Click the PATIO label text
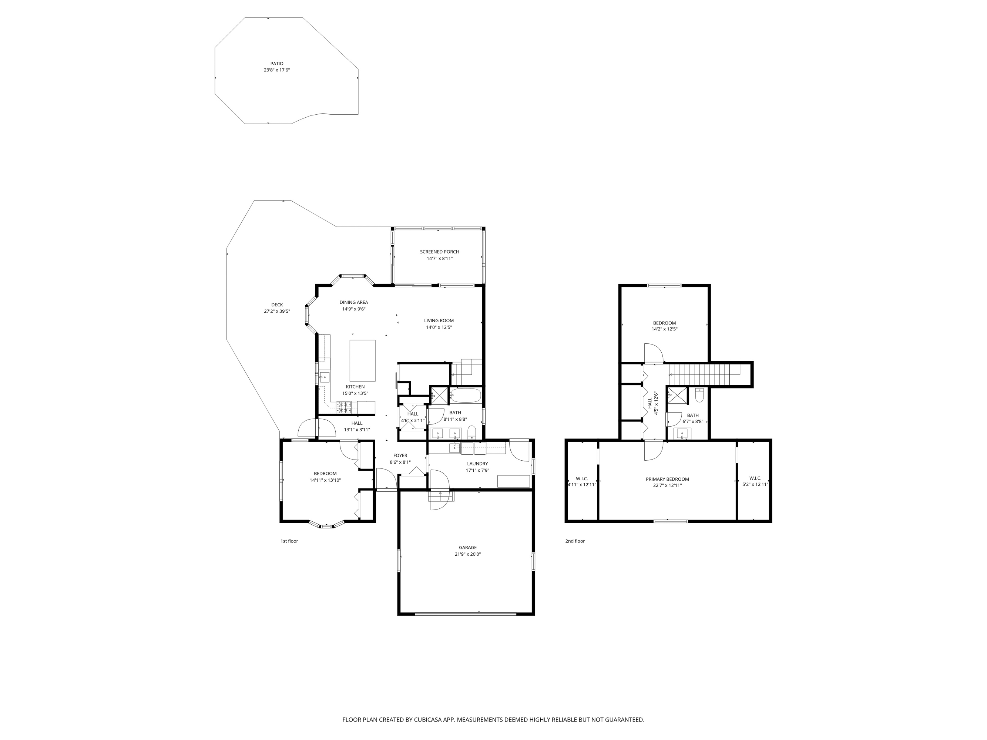[x=277, y=64]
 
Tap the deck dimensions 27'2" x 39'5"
[x=277, y=311]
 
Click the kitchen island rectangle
[x=362, y=360]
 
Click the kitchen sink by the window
[x=325, y=377]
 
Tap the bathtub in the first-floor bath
[x=466, y=395]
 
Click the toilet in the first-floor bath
[x=471, y=431]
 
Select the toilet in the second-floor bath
[x=699, y=395]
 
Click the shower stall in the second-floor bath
[x=677, y=395]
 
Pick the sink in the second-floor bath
[x=682, y=433]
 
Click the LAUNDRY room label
[x=477, y=464]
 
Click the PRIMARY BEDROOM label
[x=667, y=479]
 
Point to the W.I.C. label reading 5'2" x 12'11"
[x=755, y=484]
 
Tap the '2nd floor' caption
[x=575, y=541]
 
